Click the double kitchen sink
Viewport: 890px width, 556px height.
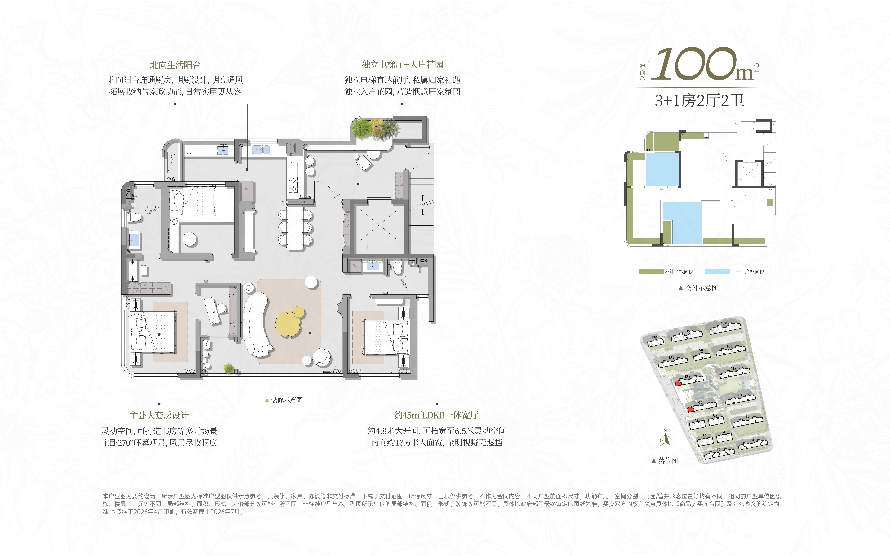pyautogui.click(x=261, y=150)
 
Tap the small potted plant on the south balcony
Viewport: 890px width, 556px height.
pyautogui.click(x=229, y=368)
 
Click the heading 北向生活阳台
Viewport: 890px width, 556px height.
pyautogui.click(x=175, y=65)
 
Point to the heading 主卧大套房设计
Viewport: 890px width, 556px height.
pyautogui.click(x=159, y=416)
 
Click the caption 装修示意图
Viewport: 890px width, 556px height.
pyautogui.click(x=287, y=400)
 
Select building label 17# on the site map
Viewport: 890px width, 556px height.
pyautogui.click(x=724, y=324)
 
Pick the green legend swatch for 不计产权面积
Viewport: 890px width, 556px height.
pyautogui.click(x=651, y=271)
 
